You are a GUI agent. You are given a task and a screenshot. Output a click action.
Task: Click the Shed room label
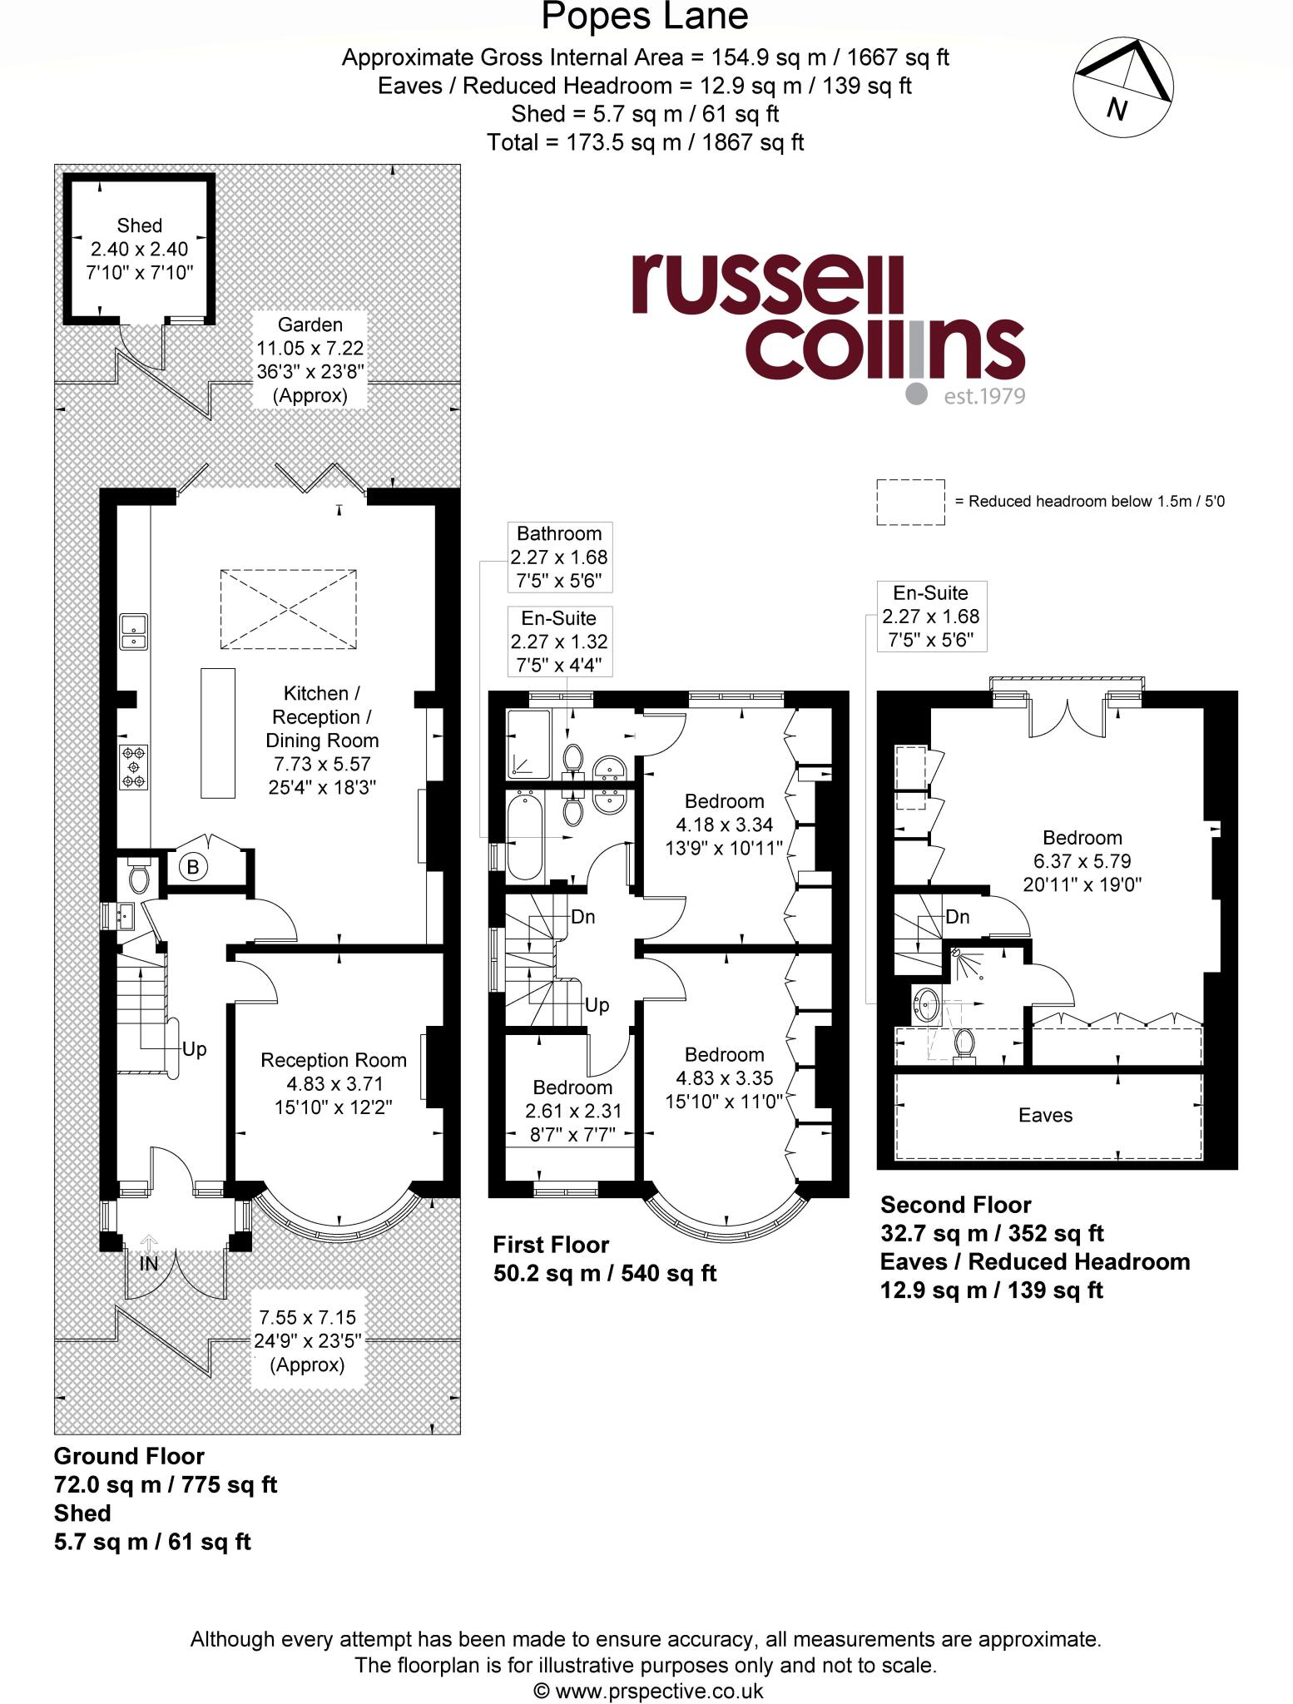139,225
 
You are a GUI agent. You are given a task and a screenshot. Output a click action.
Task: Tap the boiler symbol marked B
193,868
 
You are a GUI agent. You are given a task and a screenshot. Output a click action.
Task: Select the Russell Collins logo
827,329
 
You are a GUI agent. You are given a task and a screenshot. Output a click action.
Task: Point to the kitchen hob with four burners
134,767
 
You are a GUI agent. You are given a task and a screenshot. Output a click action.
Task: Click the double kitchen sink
133,631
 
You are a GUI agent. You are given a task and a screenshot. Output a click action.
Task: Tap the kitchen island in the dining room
218,732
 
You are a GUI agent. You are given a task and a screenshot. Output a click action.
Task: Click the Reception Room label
334,1060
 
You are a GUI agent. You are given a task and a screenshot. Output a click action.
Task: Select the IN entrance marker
148,1264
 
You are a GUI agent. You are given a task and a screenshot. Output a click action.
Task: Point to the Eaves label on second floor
1045,1115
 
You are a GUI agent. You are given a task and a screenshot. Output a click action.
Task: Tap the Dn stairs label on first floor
582,917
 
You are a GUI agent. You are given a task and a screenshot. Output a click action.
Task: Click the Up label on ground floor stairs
194,1049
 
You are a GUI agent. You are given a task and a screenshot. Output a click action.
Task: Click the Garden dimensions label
310,359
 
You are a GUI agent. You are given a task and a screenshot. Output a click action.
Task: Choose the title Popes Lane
645,17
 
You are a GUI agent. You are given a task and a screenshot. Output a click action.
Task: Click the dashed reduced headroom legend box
910,502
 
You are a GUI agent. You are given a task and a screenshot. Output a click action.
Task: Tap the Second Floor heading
955,1205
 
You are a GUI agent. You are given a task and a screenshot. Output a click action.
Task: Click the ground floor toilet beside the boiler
139,877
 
